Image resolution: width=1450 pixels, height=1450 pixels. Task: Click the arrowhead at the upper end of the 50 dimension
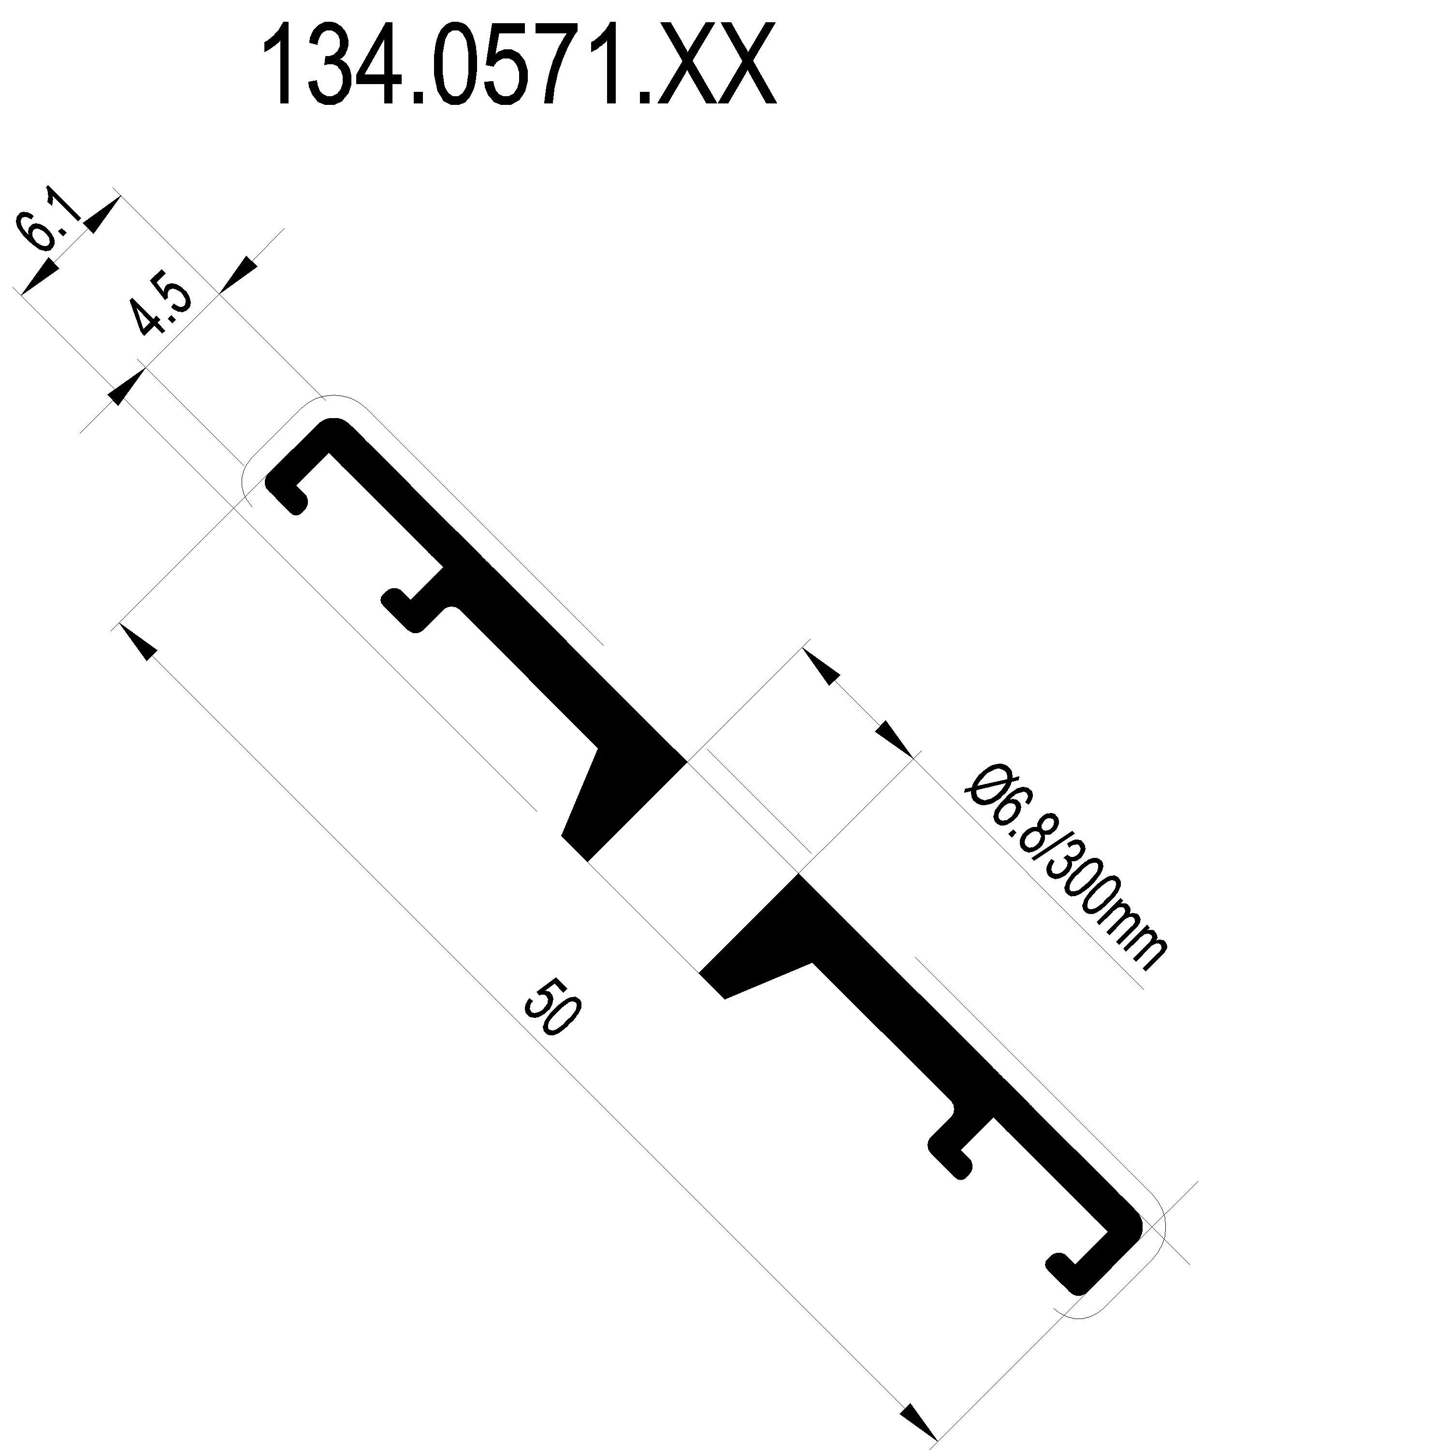139,642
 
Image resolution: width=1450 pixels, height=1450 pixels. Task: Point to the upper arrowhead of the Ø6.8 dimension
822,667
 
